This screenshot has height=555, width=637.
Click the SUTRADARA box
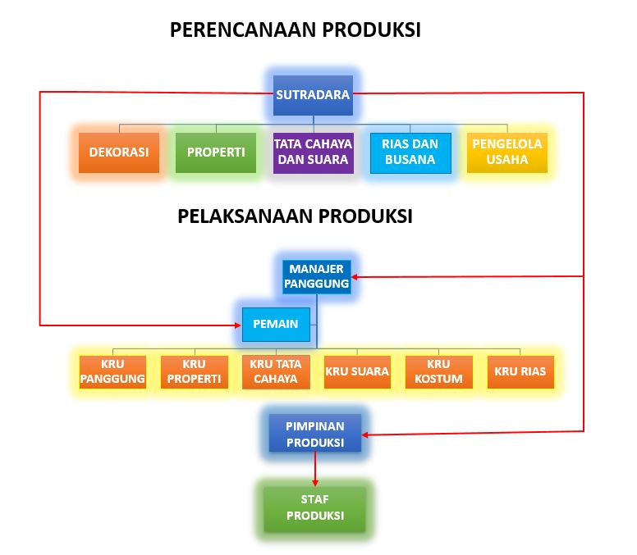[313, 95]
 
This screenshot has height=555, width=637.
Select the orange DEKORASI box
[119, 152]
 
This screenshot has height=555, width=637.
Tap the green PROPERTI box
[216, 152]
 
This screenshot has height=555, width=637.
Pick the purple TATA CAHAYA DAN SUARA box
[313, 152]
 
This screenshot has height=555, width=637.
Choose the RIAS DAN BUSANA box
[410, 152]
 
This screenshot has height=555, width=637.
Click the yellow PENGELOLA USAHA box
[506, 152]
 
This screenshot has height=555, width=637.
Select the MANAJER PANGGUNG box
[316, 276]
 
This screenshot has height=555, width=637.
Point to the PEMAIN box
[276, 324]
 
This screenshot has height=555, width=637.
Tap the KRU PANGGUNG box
[112, 371]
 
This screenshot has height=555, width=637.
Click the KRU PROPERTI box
[194, 371]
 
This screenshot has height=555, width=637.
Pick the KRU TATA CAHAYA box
[276, 371]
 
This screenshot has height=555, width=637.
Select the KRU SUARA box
[357, 371]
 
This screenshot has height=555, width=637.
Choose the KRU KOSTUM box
[438, 371]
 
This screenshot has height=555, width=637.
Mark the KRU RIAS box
[520, 371]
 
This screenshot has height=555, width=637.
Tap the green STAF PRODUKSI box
[314, 508]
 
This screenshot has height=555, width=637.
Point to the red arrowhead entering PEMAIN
[236, 325]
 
